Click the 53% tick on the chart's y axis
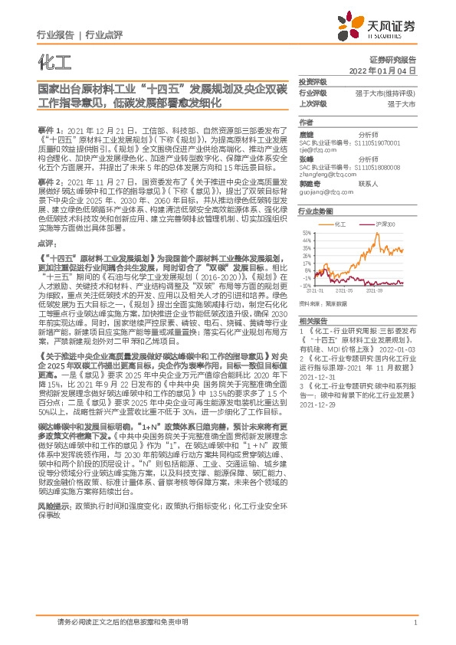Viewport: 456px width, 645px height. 307,232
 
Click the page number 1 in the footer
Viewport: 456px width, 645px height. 415,624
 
